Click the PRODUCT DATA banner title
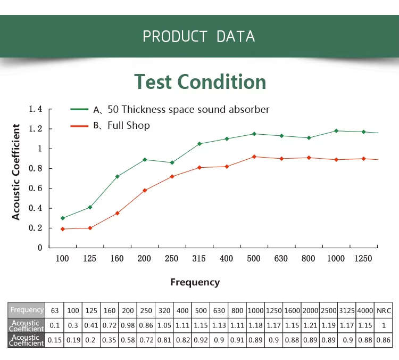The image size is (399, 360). point(199,36)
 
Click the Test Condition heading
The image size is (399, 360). point(200,82)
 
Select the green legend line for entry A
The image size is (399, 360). point(79,109)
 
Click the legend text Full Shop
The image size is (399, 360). point(129,125)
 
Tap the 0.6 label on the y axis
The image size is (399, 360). point(35,189)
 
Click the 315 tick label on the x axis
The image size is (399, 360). point(199,259)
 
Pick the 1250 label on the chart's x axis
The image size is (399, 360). point(363,259)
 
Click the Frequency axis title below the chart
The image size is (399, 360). point(195,282)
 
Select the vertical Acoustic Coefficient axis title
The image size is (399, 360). point(16,172)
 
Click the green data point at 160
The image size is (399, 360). point(118,176)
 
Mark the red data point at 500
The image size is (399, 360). point(254,157)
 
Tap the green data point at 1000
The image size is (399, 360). point(336,131)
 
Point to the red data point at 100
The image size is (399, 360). point(63,229)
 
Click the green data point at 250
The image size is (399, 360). point(172,162)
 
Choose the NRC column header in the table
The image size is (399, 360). point(384,310)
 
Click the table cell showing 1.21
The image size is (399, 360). point(310,325)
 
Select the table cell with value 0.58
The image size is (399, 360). point(128,340)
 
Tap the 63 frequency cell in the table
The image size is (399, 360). point(54,310)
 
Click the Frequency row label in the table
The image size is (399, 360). point(27,310)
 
